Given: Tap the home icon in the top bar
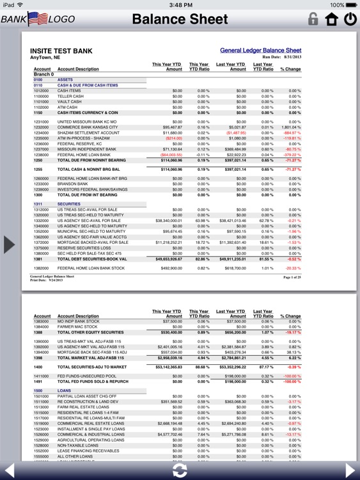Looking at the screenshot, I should coord(331,19).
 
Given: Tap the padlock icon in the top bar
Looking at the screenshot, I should coord(313,19).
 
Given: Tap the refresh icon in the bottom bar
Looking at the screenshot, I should coord(180,470).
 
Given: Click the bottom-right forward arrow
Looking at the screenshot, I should coord(349,470).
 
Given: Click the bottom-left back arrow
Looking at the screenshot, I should coord(10,470).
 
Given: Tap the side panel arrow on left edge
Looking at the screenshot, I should coord(9,244).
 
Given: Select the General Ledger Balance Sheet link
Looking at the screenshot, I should coord(260,50).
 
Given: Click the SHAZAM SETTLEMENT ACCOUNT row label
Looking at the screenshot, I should coord(88,132).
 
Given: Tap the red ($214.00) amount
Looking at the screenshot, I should coord(173,138).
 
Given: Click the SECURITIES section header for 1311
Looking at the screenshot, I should coord(69,204).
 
